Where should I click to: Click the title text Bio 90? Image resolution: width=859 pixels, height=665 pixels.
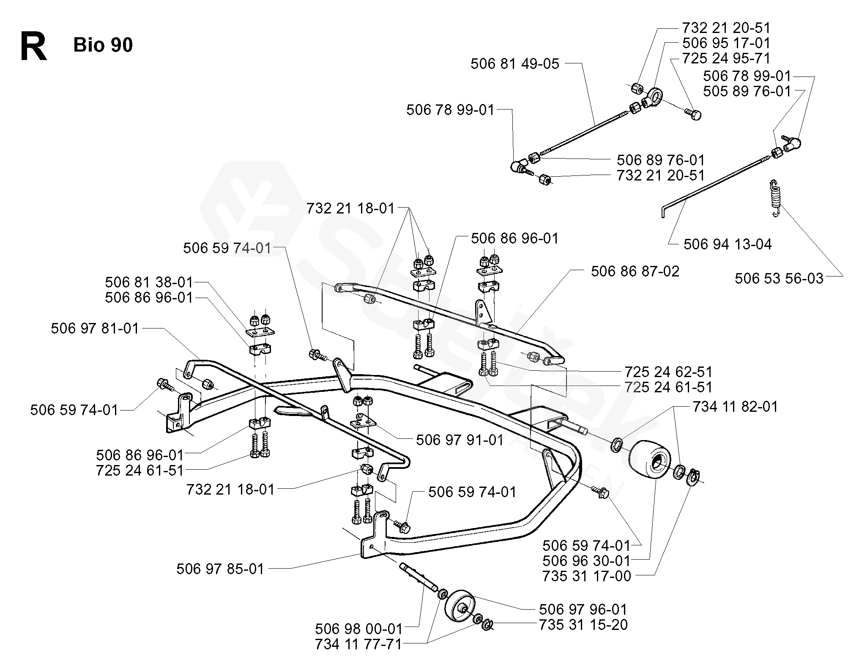[x=103, y=45]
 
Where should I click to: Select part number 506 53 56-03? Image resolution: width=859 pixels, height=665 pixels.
[x=779, y=279]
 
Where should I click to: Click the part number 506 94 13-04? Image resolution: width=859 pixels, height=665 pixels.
[x=728, y=244]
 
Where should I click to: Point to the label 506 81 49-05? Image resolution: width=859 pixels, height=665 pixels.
[x=514, y=64]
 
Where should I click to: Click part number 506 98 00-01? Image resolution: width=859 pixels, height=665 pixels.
[x=359, y=629]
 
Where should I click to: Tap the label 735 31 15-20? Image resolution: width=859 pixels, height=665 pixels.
[x=583, y=624]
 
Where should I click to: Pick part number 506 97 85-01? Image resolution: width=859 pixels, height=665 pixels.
[x=220, y=569]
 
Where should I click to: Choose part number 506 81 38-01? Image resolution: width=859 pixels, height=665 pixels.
[x=149, y=282]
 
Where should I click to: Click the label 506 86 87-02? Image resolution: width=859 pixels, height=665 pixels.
[x=635, y=271]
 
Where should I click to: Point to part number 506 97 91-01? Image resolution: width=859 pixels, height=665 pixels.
[x=460, y=440]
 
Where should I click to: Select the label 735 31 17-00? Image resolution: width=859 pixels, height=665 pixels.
[x=587, y=576]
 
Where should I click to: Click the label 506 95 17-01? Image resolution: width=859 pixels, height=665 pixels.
[x=726, y=43]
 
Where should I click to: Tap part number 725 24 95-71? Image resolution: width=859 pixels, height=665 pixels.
[x=726, y=58]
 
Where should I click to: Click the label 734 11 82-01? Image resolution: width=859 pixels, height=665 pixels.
[x=735, y=407]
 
